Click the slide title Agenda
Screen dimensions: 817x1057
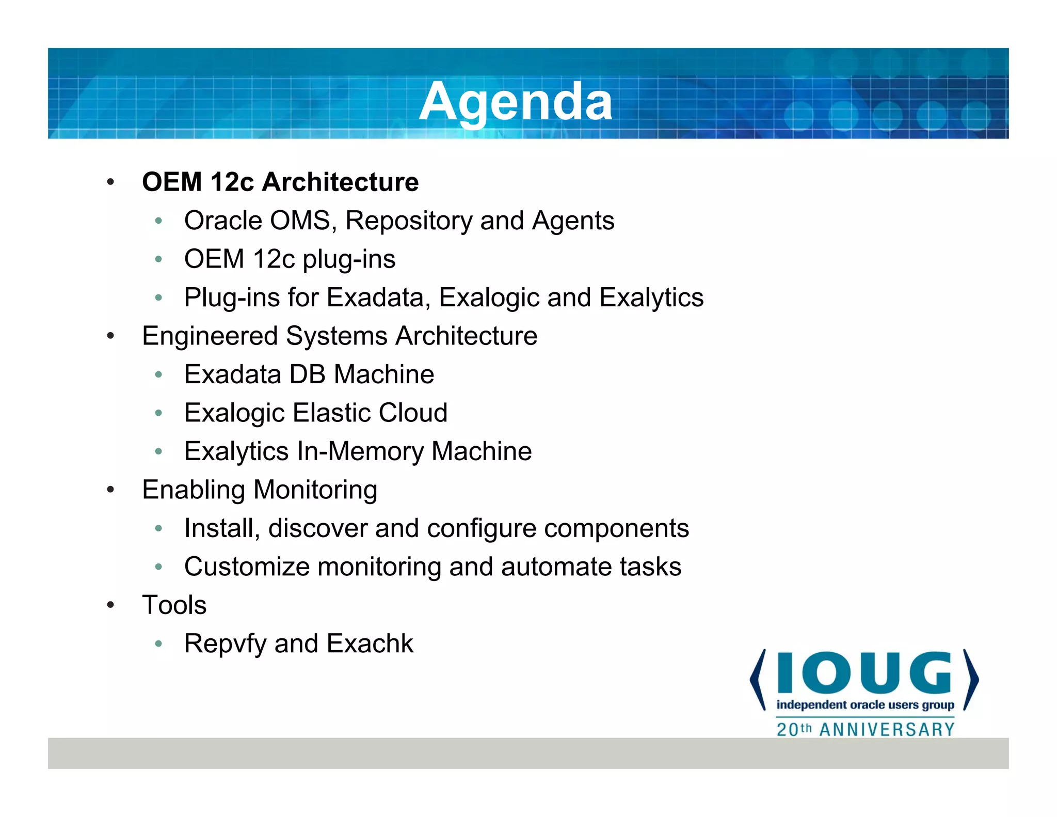[515, 102]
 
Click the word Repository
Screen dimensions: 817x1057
[409, 221]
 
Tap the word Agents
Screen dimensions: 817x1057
[573, 221]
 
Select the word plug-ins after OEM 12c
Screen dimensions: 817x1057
[349, 259]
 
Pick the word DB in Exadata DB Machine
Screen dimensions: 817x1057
[308, 374]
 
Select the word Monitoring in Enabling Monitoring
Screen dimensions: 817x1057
[315, 490]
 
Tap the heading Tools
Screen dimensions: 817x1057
[174, 605]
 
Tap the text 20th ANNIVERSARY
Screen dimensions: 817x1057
[866, 729]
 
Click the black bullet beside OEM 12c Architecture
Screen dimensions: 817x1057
[110, 182]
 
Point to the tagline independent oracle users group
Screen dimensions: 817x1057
[865, 705]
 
